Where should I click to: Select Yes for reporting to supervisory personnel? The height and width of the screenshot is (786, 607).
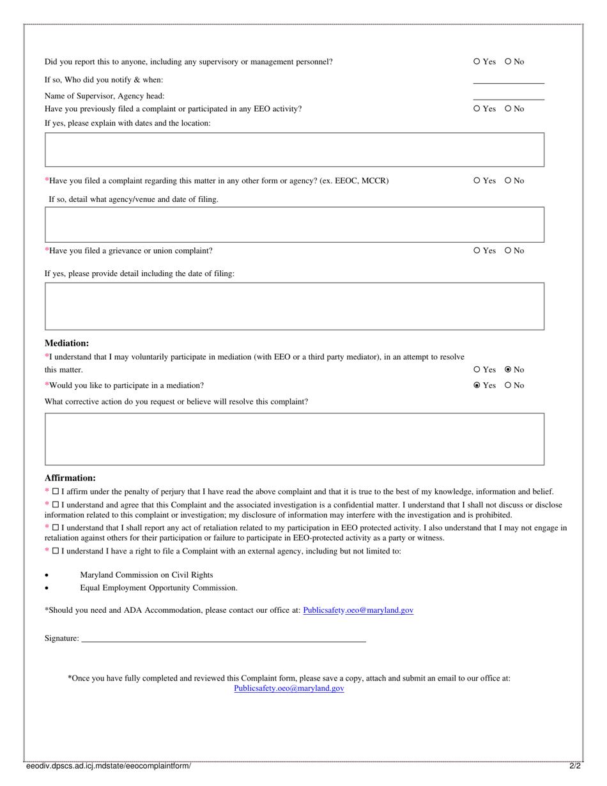click(x=477, y=62)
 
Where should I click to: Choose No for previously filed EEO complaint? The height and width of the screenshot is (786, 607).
click(x=508, y=109)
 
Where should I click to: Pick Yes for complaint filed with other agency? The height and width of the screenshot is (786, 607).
click(x=477, y=181)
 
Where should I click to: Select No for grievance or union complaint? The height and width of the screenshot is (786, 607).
click(x=508, y=251)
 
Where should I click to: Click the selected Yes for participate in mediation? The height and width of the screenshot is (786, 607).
click(x=477, y=386)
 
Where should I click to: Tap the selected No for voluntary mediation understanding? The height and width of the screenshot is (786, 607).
click(x=508, y=370)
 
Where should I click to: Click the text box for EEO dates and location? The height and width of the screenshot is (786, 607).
click(x=294, y=150)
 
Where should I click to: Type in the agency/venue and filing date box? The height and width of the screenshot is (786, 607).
click(x=294, y=224)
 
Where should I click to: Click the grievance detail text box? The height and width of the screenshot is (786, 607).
click(x=294, y=306)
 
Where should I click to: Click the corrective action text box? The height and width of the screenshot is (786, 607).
click(x=294, y=439)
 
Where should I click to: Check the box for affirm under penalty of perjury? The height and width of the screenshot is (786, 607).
click(x=56, y=492)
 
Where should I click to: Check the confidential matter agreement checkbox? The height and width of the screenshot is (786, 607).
click(x=56, y=505)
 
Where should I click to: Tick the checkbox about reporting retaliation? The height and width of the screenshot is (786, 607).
click(x=56, y=528)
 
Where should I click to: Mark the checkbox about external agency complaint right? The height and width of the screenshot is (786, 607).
click(x=56, y=551)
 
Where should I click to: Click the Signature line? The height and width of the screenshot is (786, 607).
click(x=224, y=638)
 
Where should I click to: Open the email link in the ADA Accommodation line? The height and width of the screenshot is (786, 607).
click(x=358, y=610)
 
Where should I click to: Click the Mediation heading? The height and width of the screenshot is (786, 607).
click(x=66, y=343)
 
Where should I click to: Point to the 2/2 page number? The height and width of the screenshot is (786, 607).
click(x=575, y=766)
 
